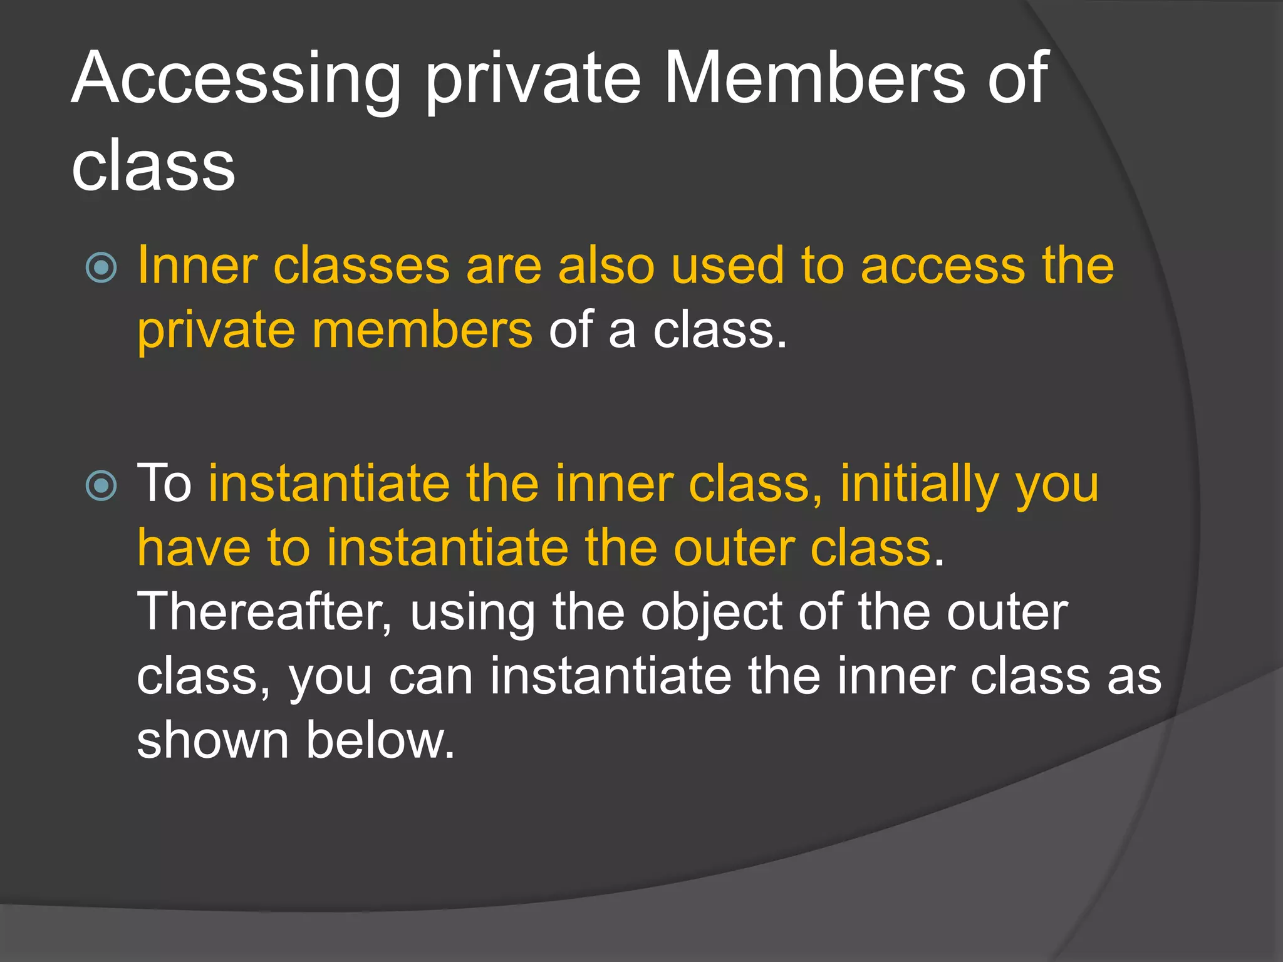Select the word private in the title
click(533, 80)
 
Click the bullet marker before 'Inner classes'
click(101, 268)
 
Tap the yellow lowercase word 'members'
click(422, 330)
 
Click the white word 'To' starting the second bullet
click(164, 484)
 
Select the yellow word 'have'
click(194, 547)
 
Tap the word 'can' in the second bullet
click(430, 677)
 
